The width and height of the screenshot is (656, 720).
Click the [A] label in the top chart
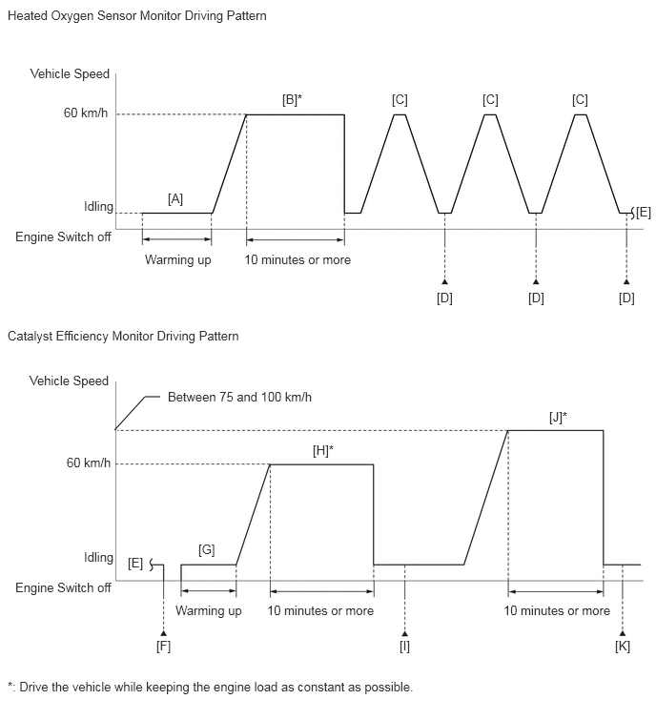175,198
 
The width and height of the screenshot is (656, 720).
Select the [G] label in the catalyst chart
207,550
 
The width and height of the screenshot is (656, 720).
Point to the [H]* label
322,450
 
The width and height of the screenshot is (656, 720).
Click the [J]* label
558,417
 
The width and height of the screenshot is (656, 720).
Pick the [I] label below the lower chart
405,646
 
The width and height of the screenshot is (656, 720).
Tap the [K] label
623,646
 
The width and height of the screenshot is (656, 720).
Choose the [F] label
164,646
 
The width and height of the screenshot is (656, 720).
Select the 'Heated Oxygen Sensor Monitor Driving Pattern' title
136,16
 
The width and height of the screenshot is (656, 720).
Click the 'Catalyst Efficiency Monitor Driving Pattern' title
123,336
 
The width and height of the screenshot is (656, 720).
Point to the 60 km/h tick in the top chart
87,114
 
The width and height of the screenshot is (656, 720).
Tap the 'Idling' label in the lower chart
98,557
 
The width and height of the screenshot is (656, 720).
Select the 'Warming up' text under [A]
177,259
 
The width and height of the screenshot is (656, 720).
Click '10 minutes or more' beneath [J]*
557,610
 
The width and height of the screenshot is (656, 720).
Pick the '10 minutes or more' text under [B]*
297,259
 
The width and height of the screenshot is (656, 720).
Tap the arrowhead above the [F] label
164,632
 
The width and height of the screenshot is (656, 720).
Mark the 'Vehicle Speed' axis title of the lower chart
70,381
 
